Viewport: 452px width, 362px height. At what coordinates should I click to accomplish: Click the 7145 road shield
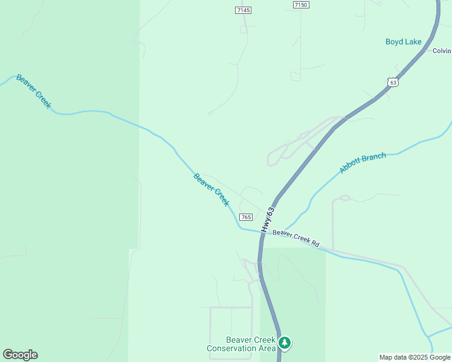(x=244, y=10)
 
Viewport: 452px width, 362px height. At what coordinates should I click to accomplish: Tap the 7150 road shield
(x=300, y=5)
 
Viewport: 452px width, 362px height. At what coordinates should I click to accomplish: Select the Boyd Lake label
(x=404, y=42)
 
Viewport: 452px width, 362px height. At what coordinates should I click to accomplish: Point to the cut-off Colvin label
(x=442, y=51)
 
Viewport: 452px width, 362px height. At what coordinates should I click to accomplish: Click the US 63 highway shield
(x=393, y=81)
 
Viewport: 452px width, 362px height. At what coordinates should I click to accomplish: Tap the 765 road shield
(x=245, y=217)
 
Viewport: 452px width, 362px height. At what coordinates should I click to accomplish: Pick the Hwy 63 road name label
(x=268, y=220)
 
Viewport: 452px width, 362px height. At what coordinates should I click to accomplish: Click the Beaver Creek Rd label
(x=295, y=238)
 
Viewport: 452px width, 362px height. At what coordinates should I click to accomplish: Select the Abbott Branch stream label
(x=363, y=163)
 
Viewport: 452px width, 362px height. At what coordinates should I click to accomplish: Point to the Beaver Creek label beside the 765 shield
(x=211, y=189)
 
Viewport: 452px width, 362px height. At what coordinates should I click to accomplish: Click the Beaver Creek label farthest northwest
(x=34, y=91)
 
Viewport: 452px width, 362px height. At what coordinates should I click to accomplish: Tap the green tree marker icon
(x=285, y=343)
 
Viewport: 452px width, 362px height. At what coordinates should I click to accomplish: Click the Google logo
(x=20, y=355)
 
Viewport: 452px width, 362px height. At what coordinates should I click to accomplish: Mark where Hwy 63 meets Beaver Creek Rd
(x=262, y=231)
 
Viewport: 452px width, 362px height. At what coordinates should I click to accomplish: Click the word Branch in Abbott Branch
(x=373, y=159)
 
